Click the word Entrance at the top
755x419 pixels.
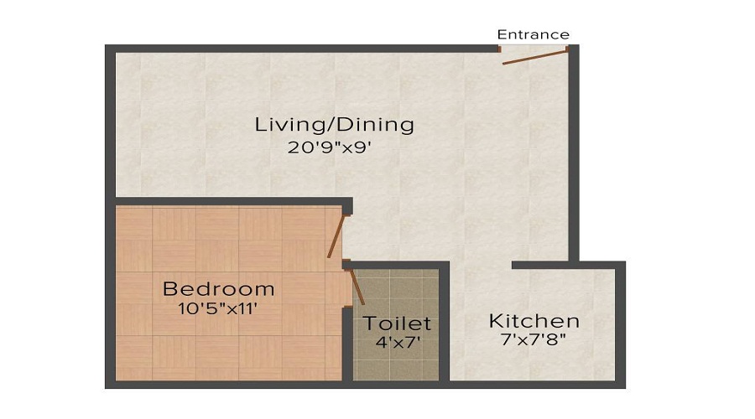[x=533, y=34]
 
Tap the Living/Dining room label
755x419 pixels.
[x=335, y=125]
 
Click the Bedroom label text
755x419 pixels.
[x=218, y=289]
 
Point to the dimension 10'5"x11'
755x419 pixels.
[x=218, y=308]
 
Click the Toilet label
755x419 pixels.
[x=397, y=323]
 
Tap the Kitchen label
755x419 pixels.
[x=534, y=321]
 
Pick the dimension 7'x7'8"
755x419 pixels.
[x=534, y=341]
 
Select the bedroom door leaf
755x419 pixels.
[x=336, y=235]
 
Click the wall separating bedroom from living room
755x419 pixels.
[x=226, y=202]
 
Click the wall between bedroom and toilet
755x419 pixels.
[x=346, y=344]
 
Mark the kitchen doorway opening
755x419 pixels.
[x=481, y=266]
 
